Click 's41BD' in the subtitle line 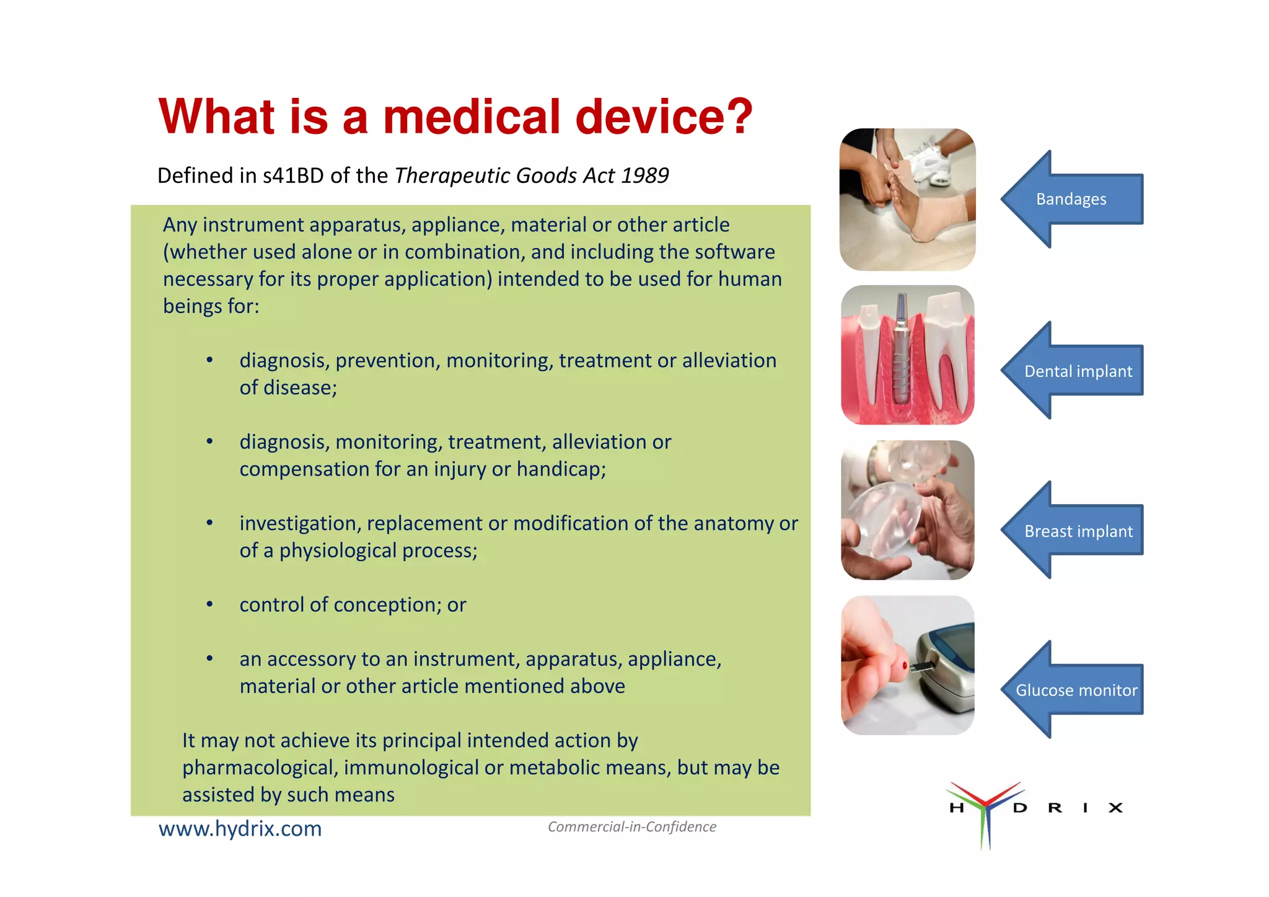293,176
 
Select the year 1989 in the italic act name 644,176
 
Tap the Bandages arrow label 1071,199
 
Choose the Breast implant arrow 1078,531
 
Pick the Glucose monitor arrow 1076,690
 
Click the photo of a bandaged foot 907,200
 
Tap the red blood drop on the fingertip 905,666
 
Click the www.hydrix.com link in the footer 240,829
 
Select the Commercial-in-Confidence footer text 631,827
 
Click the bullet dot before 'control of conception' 210,604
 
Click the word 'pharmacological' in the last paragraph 259,768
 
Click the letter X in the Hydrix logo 1115,808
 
